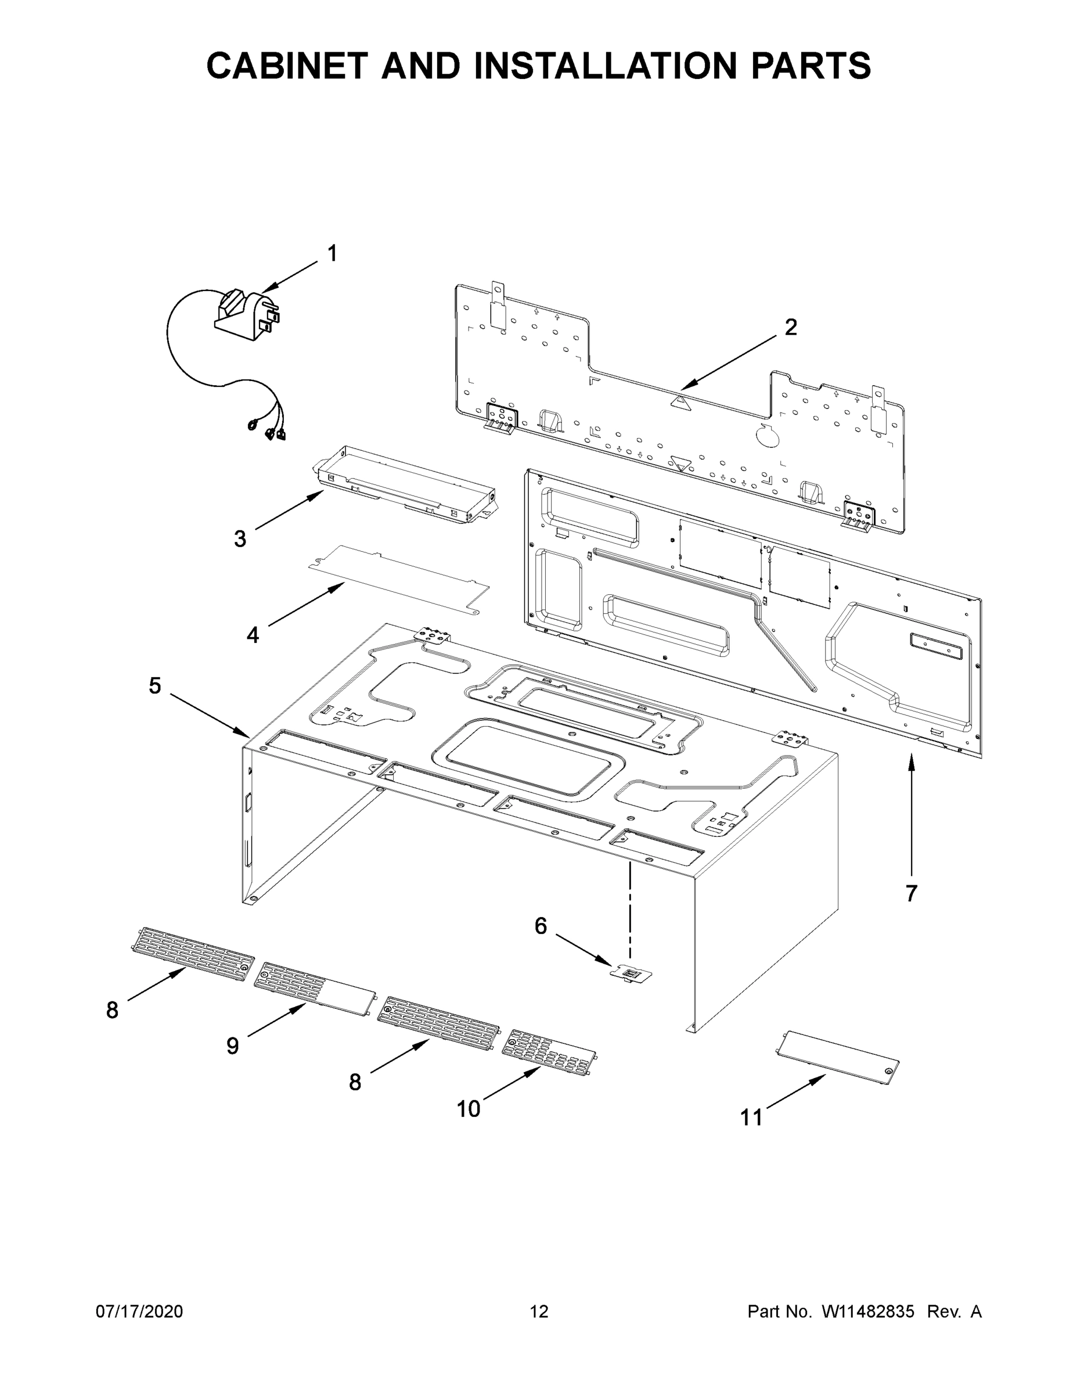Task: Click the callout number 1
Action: [x=332, y=254]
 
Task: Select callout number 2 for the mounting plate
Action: [x=791, y=328]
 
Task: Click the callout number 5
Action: [x=155, y=686]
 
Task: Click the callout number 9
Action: [x=233, y=1045]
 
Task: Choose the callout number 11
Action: [x=751, y=1118]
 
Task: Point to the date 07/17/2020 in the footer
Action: [x=139, y=1312]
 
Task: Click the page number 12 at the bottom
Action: [x=539, y=1312]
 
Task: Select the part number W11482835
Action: [x=868, y=1312]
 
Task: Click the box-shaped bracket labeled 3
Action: [x=406, y=486]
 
